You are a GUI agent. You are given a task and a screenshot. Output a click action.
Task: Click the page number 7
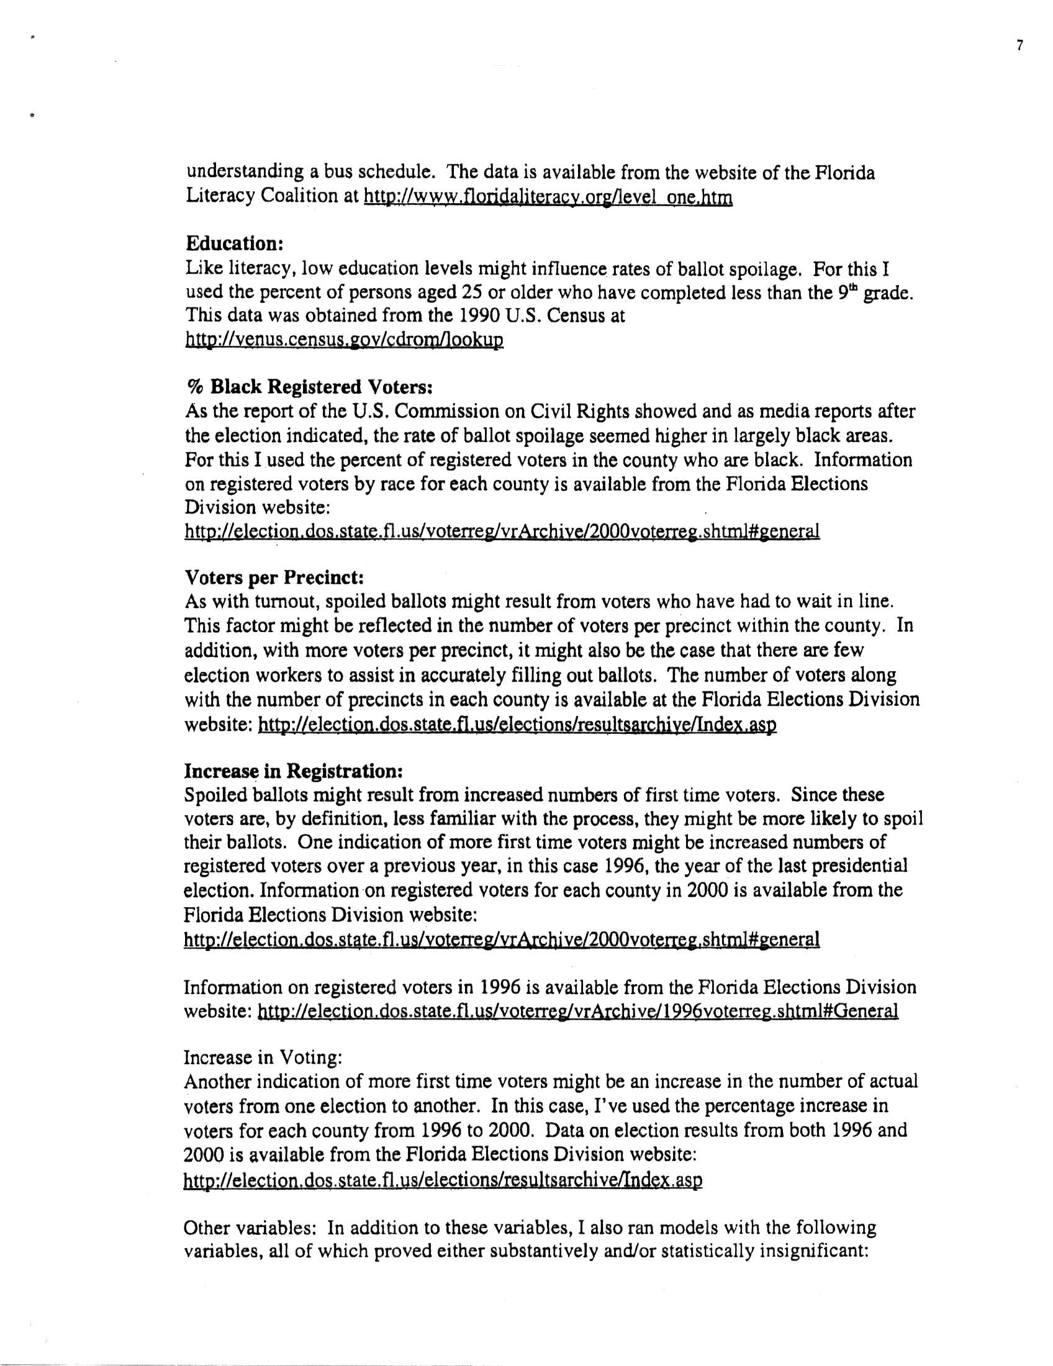click(x=1019, y=46)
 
